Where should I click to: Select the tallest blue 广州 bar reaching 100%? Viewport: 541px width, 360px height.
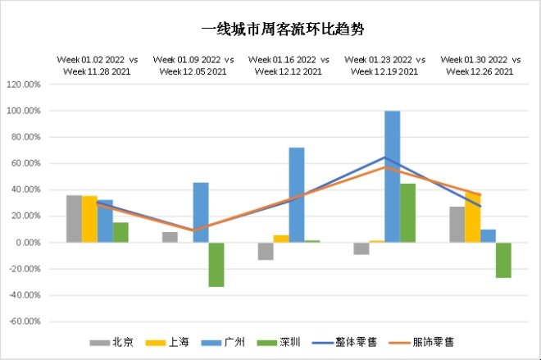(392, 176)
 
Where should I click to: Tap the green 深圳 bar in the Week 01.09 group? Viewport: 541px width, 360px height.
(216, 264)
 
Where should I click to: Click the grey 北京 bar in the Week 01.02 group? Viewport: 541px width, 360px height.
(74, 219)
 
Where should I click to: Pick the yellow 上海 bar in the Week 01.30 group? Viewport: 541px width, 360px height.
(472, 218)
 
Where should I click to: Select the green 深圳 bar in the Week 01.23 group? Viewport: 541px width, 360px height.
(407, 213)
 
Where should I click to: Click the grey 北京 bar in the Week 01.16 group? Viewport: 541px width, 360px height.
(265, 251)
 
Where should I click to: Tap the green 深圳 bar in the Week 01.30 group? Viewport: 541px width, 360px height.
(503, 260)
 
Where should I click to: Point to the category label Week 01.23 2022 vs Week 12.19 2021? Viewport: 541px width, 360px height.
(384, 66)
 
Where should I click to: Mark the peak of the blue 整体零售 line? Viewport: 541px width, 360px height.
(384, 157)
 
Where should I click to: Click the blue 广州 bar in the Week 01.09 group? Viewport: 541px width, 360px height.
(200, 212)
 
